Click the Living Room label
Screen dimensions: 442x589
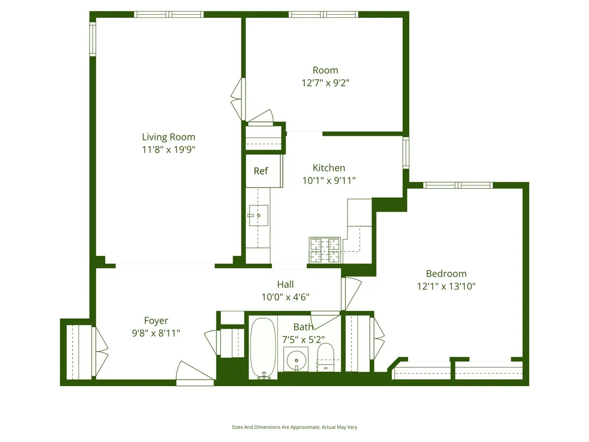coord(168,137)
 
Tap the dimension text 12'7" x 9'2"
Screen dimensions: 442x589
coord(325,83)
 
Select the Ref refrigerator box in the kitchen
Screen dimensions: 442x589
coord(261,171)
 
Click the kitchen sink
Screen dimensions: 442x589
coord(257,215)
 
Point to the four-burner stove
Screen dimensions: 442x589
coord(324,250)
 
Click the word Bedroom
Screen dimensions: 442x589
coord(446,274)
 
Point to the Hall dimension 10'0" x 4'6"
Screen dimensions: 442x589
coord(285,297)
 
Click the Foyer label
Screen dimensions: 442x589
coord(156,321)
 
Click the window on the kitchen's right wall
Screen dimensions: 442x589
coord(405,153)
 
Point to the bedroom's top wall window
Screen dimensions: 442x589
coord(457,185)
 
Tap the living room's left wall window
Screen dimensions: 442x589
coord(92,39)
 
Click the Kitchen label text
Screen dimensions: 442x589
coord(329,168)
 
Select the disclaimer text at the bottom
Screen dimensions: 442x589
coord(294,427)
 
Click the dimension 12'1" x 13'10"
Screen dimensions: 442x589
coord(446,286)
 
